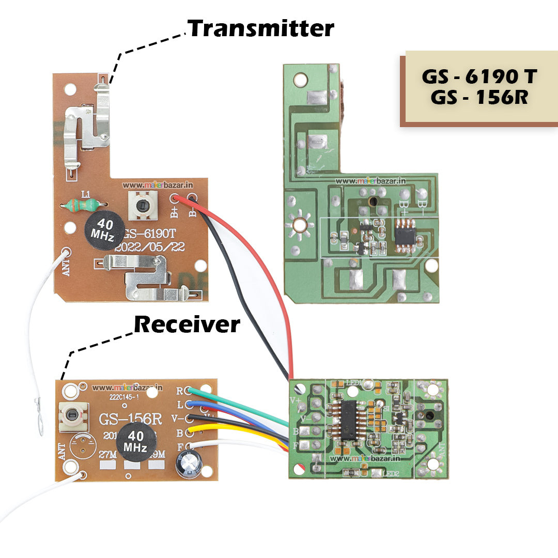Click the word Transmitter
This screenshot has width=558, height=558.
(261, 28)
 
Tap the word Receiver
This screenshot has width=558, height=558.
(187, 325)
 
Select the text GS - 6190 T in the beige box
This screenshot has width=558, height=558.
(479, 76)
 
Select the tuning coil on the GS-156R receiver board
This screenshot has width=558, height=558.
(72, 416)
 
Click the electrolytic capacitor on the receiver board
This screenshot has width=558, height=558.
(189, 463)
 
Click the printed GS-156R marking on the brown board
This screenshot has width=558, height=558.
(130, 419)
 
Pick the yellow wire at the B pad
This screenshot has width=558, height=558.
(217, 428)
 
